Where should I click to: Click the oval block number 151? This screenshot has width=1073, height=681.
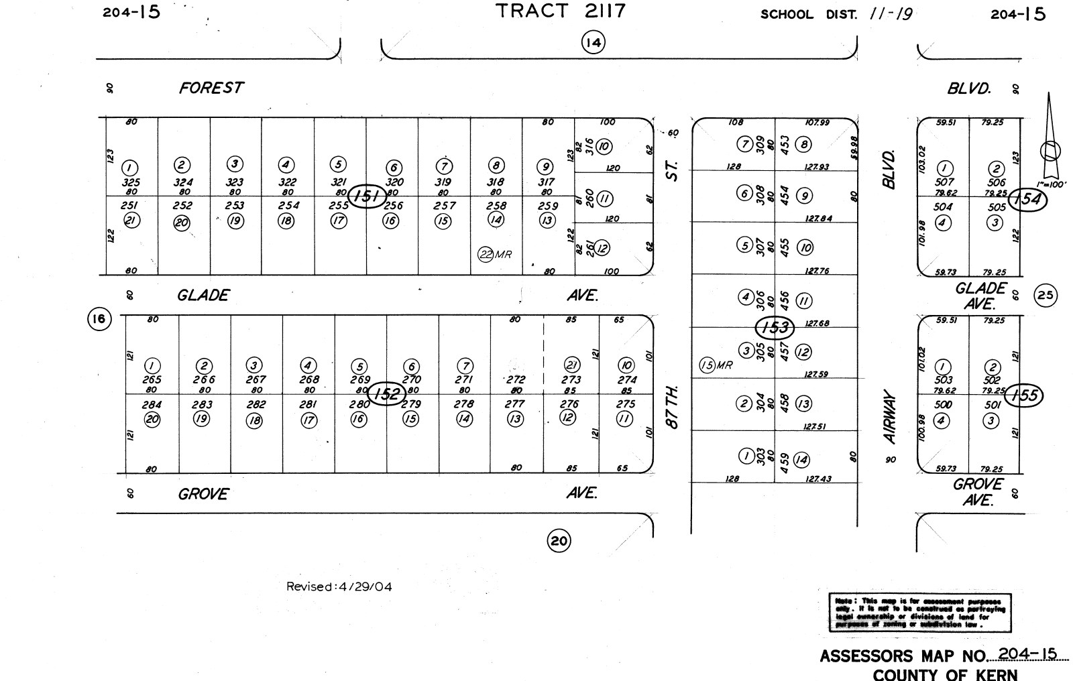(x=368, y=196)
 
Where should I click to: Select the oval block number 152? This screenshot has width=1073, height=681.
(x=387, y=393)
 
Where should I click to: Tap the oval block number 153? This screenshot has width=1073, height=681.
(x=775, y=328)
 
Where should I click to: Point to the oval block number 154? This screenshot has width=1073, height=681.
(x=1027, y=200)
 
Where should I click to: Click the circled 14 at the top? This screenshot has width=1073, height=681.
(x=593, y=44)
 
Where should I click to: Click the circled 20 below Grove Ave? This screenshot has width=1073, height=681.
(x=559, y=541)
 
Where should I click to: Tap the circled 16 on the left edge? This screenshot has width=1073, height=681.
(x=99, y=319)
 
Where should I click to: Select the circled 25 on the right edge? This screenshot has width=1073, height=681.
(x=1046, y=294)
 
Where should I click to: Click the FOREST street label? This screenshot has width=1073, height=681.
(x=211, y=88)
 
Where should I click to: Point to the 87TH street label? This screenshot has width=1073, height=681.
(x=674, y=406)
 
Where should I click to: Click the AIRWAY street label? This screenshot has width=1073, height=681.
(x=890, y=417)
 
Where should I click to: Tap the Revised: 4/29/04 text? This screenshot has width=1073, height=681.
(x=339, y=587)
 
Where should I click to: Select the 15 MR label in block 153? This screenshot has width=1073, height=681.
(x=716, y=365)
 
